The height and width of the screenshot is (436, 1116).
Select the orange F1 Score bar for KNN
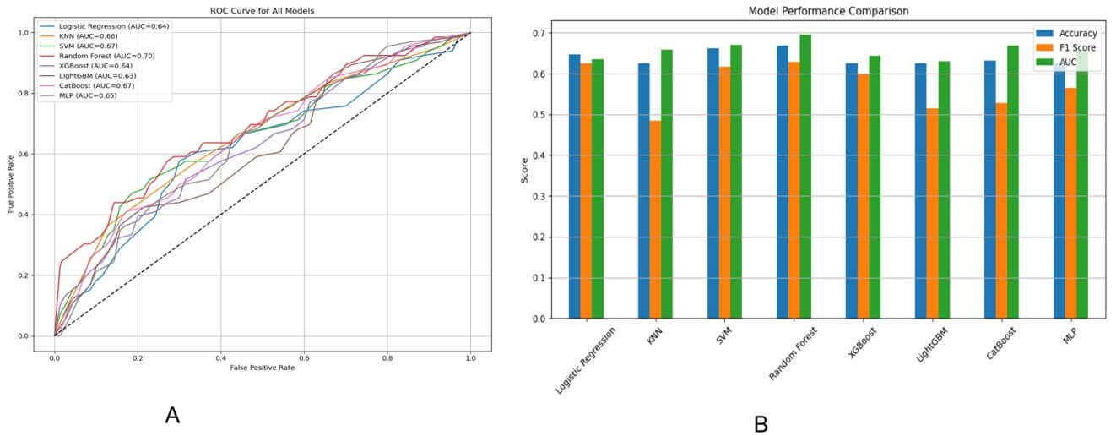pos(655,220)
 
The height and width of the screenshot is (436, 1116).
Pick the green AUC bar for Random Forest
pos(805,177)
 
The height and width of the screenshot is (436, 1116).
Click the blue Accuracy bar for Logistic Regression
pos(574,186)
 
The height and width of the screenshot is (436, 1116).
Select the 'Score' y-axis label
pos(526,176)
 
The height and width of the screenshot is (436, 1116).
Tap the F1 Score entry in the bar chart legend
pos(1072,48)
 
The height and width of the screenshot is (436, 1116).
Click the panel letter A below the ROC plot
pos(172,415)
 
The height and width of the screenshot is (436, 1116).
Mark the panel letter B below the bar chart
pos(761,423)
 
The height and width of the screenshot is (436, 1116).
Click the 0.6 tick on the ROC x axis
pos(304,357)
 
